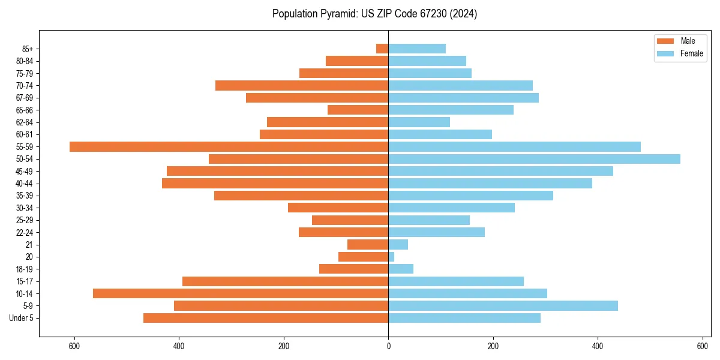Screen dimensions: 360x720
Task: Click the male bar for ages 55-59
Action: (229, 146)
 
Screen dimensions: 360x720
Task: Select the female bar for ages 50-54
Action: (534, 159)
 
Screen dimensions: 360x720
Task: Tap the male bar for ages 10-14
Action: (241, 293)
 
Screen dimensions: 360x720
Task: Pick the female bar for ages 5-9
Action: (503, 305)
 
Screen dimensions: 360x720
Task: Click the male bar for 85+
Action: (382, 49)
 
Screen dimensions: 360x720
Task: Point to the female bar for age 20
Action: (391, 257)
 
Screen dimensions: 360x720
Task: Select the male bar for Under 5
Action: (266, 318)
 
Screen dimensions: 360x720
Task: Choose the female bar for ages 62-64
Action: (419, 122)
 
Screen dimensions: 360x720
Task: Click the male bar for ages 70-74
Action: (302, 85)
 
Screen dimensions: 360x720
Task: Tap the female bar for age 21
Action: (398, 244)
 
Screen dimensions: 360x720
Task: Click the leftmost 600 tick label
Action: (74, 347)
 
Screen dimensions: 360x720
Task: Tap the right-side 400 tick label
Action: (598, 347)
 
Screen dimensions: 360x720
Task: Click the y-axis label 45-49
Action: (24, 171)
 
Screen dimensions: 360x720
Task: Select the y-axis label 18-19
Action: (24, 269)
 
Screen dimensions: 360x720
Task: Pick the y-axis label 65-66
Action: (24, 110)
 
